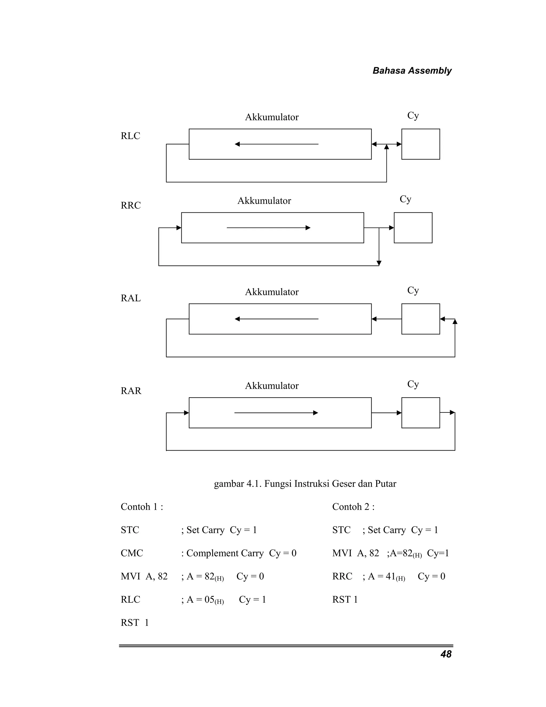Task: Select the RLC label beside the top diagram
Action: (x=130, y=136)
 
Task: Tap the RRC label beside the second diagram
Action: (x=131, y=205)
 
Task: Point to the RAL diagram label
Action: (x=131, y=298)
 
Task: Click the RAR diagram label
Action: (x=131, y=391)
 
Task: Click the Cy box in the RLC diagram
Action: (x=420, y=144)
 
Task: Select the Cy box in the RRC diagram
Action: (x=413, y=228)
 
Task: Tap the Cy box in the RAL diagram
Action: (x=420, y=319)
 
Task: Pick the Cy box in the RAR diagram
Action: (x=420, y=413)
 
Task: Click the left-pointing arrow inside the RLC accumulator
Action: (x=276, y=144)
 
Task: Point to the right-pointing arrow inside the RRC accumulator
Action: (x=268, y=228)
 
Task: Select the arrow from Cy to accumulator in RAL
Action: (x=387, y=319)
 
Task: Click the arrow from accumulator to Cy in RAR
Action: (x=387, y=413)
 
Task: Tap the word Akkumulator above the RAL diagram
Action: (x=272, y=292)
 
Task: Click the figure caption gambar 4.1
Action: (x=305, y=484)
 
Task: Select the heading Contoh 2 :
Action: (x=353, y=507)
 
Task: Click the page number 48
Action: (x=446, y=654)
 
